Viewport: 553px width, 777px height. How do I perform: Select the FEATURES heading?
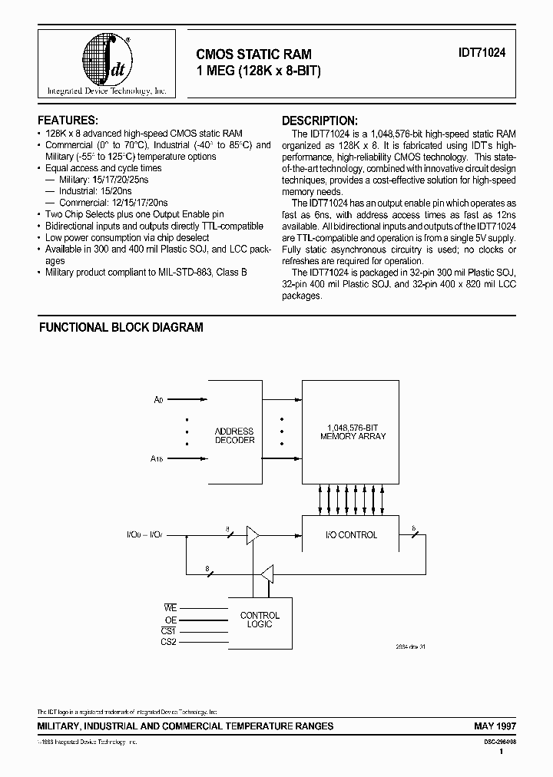(x=68, y=121)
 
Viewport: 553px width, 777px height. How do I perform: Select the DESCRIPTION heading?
(x=319, y=121)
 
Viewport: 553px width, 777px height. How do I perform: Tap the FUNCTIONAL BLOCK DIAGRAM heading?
(x=121, y=327)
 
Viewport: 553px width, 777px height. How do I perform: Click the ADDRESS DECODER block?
(x=234, y=435)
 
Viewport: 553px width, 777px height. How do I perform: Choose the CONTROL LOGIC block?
(x=260, y=620)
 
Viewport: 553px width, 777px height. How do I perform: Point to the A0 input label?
(x=159, y=399)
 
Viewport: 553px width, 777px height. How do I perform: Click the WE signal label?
(x=171, y=607)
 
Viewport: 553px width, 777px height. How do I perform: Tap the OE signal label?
(x=171, y=619)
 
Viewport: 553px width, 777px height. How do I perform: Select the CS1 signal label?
(x=169, y=630)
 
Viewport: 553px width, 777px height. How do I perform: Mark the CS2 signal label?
(x=169, y=642)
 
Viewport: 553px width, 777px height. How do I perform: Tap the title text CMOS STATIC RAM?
(x=254, y=55)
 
